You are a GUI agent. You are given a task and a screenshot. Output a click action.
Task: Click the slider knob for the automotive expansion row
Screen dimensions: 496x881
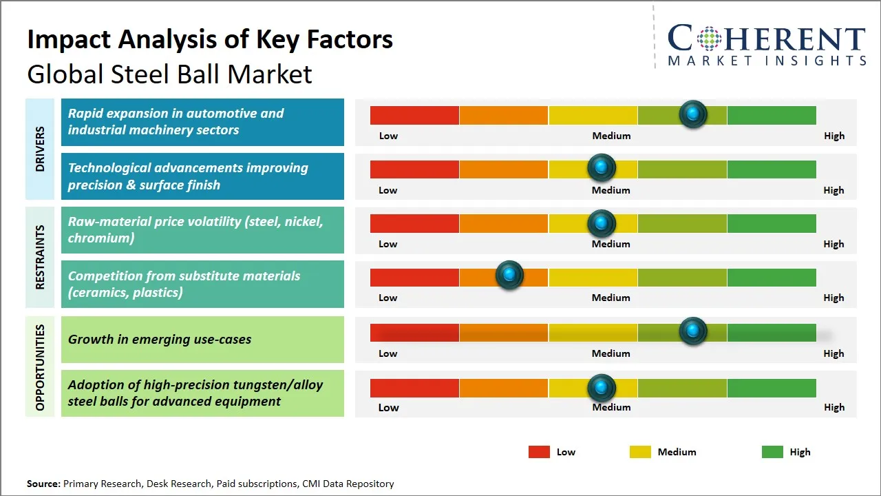693,114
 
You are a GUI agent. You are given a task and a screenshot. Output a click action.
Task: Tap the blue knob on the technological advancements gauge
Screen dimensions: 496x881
602,167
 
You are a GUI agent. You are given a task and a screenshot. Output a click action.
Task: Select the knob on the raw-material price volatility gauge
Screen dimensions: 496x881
602,223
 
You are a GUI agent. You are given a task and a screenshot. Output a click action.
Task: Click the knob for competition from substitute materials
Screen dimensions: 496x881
509,276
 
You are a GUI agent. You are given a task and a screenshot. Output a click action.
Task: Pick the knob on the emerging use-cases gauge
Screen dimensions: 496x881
693,331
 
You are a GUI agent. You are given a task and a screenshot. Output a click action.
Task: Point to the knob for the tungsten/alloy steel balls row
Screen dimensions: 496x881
602,388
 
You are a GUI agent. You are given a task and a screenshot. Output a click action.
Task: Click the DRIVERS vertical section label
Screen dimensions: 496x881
40,149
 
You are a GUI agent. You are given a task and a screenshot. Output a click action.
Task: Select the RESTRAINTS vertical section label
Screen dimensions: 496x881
40,257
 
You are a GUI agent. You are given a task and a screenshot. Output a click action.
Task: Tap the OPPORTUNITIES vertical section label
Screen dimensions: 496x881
40,367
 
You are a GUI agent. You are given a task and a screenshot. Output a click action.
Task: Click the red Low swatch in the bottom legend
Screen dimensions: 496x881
539,452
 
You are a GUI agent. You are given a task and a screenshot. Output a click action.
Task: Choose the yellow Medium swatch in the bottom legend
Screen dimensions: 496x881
640,452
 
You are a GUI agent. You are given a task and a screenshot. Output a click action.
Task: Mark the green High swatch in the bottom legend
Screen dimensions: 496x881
772,452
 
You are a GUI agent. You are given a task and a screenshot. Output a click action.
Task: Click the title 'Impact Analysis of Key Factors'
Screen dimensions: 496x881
210,40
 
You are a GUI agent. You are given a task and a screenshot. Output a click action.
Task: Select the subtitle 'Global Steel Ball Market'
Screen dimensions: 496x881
169,74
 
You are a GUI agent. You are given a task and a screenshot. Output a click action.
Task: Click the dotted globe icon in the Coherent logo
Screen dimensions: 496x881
709,39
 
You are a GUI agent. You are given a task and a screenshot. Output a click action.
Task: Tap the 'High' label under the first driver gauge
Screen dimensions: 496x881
834,136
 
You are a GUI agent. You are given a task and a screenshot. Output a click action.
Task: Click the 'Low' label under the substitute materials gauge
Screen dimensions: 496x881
388,298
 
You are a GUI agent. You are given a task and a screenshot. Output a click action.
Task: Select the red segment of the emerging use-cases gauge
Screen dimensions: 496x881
414,333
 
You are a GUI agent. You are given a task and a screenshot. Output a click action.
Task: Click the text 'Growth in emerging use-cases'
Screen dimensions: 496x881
160,339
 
